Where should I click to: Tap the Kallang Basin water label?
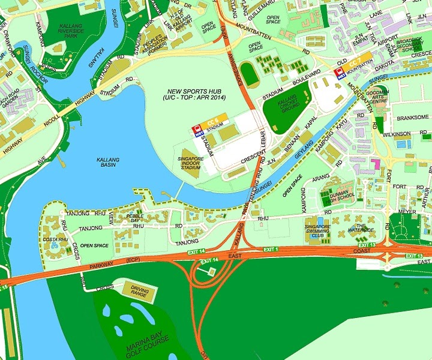pyautogui.click(x=109, y=160)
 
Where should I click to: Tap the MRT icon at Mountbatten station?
pyautogui.click(x=339, y=73)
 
